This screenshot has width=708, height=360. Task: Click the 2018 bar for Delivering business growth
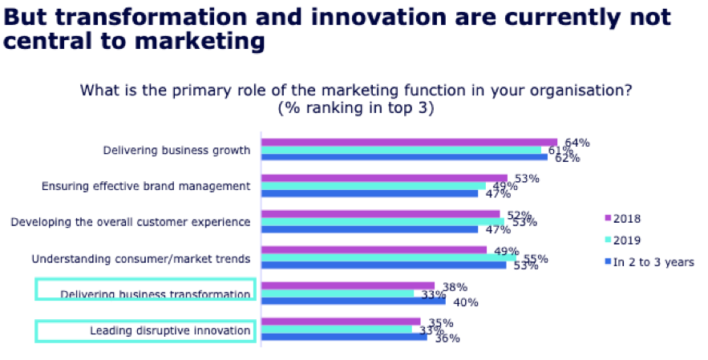pyautogui.click(x=409, y=143)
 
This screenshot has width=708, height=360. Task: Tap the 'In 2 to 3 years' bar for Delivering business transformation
pyautogui.click(x=354, y=301)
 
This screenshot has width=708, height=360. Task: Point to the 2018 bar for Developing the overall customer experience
pyautogui.click(x=381, y=214)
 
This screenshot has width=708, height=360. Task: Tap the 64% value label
pyautogui.click(x=577, y=143)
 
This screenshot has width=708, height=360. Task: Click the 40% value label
pyautogui.click(x=466, y=302)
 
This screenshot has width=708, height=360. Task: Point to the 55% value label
pyautogui.click(x=535, y=259)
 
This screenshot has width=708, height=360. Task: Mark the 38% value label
pyautogui.click(x=455, y=286)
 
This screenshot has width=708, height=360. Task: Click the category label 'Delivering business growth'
pyautogui.click(x=176, y=150)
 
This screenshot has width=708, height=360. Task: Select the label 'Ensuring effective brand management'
pyautogui.click(x=146, y=186)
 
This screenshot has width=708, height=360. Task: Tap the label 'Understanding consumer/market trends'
pyautogui.click(x=141, y=258)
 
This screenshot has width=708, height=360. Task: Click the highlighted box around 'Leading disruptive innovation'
pyautogui.click(x=145, y=330)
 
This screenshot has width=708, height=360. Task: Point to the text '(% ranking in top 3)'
pyautogui.click(x=356, y=108)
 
